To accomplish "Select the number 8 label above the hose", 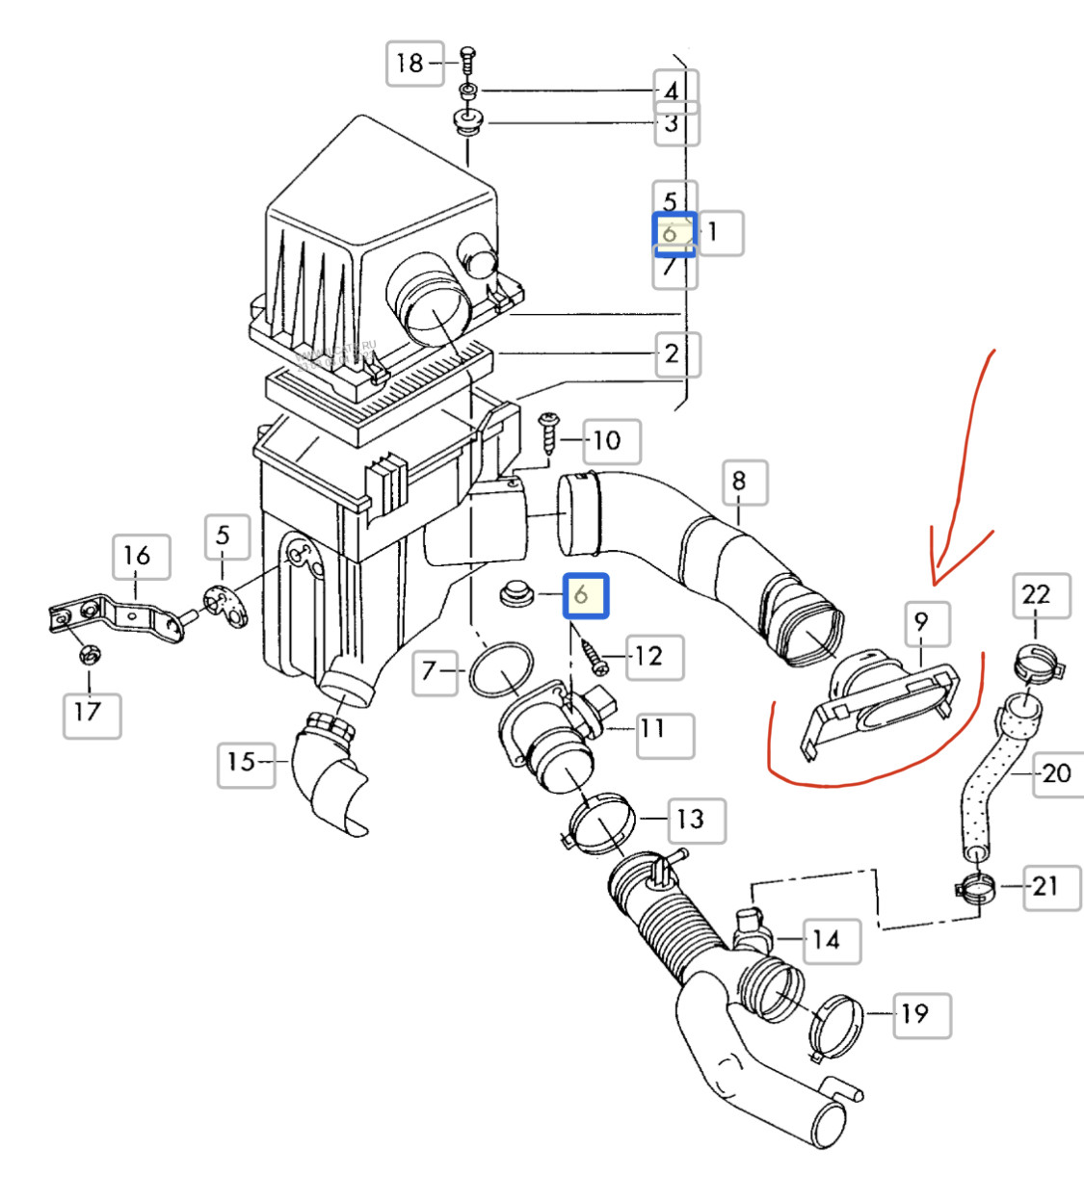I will (739, 482).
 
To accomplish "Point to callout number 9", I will (922, 622).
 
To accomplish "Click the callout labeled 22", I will (1036, 595).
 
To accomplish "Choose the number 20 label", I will (1056, 772).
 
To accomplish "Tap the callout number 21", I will (1045, 885).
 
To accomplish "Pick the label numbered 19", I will (915, 1014).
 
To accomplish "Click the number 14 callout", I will (827, 940).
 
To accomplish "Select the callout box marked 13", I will (691, 820).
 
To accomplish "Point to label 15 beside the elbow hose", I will (242, 763).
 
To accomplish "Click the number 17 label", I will (89, 713).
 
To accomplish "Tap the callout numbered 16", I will (138, 557).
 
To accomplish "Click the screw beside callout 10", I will (549, 433).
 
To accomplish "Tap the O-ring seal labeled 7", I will (501, 668).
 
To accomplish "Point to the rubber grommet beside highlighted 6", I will (520, 593).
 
